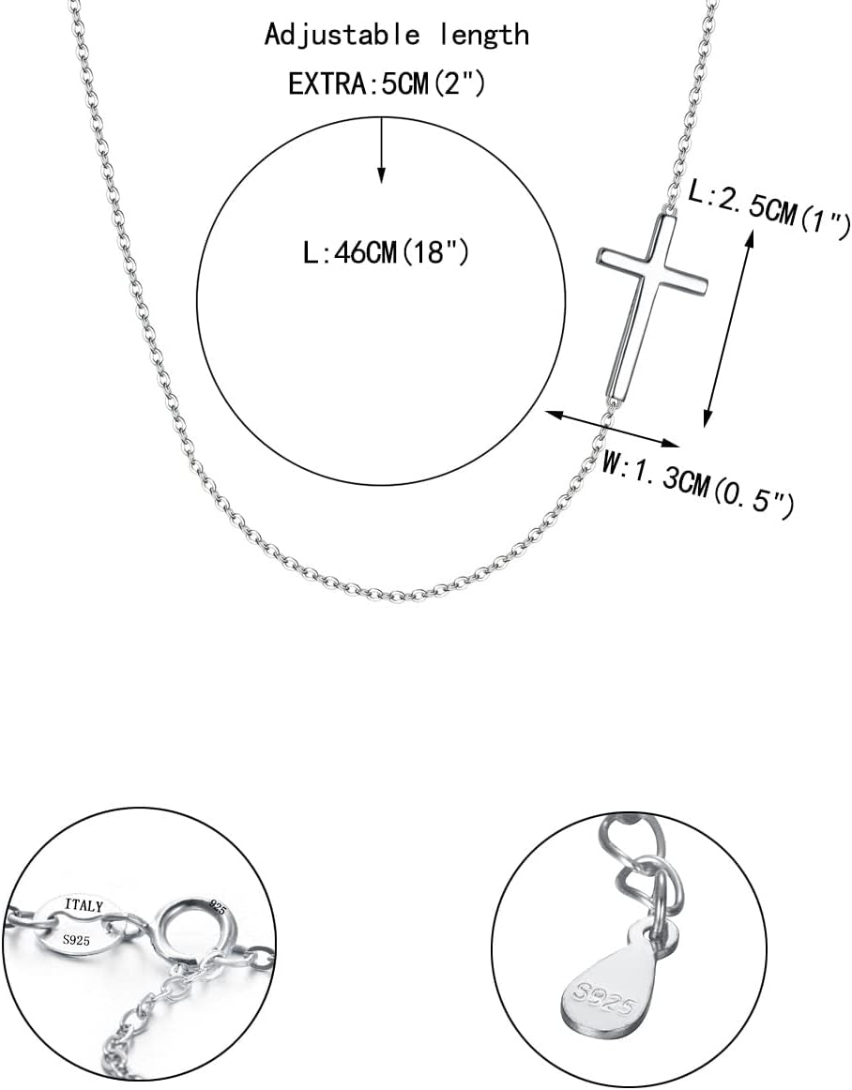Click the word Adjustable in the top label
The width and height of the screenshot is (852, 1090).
pos(342,35)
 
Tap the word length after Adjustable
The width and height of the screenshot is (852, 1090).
pos(484,35)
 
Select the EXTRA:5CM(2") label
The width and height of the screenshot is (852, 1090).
pos(387,84)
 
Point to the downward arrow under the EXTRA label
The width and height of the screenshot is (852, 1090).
pos(380,150)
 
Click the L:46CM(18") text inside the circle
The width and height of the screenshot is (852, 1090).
pos(387,251)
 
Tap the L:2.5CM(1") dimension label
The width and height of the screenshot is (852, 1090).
pos(768,208)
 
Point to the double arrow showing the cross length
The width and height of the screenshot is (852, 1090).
pos(728,329)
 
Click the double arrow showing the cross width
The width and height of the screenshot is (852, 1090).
pos(612,428)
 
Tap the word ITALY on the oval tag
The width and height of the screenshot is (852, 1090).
pos(84,905)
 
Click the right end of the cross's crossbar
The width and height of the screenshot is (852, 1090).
pos(706,284)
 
